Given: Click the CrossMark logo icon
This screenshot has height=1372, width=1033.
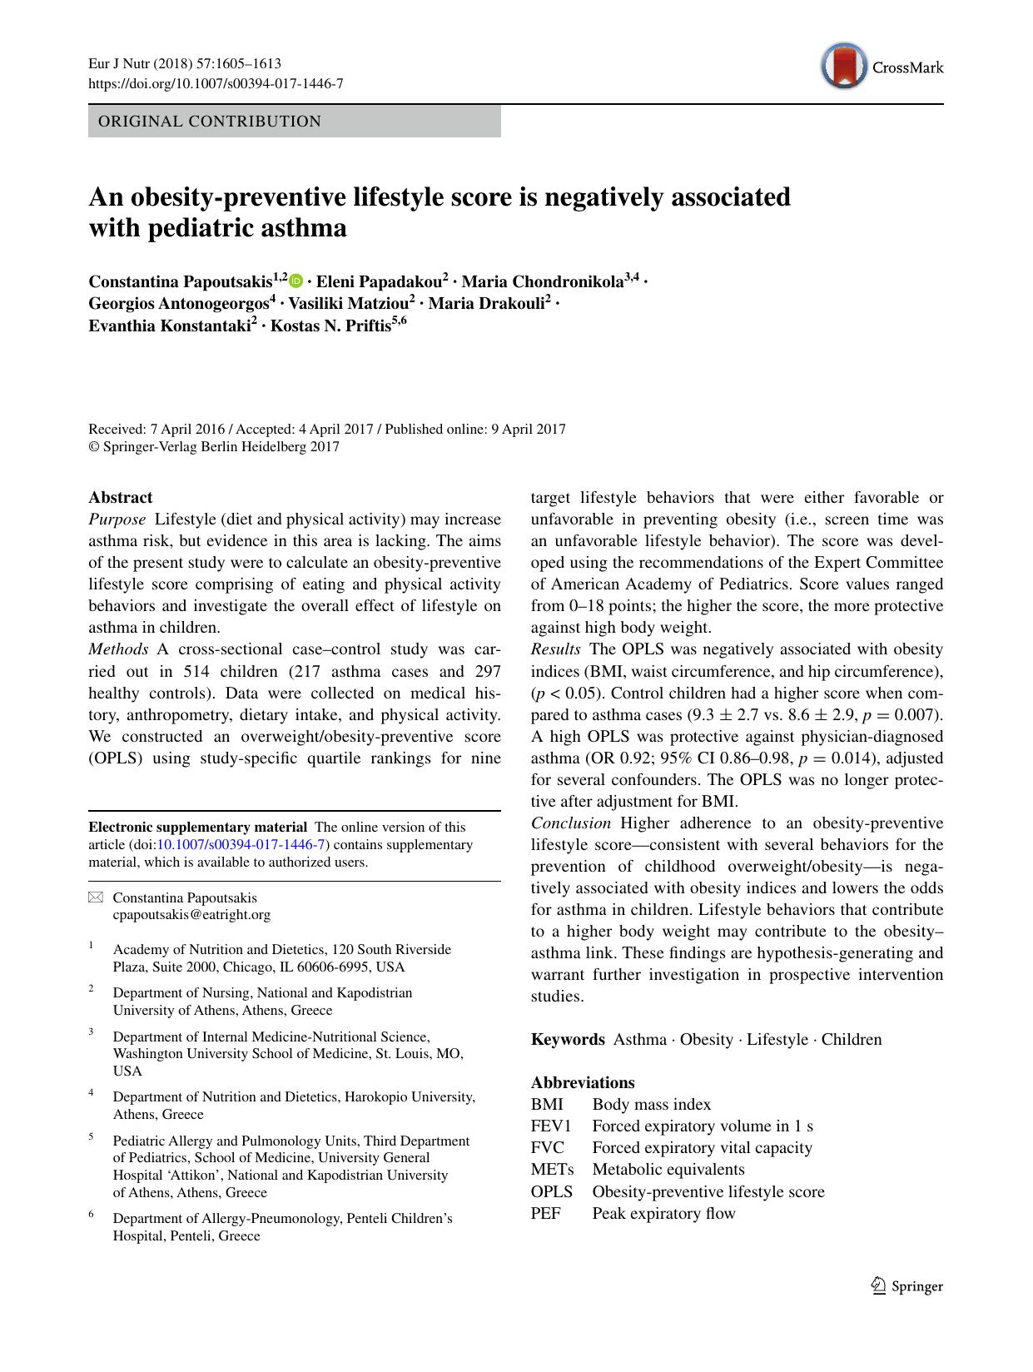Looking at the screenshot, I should (x=844, y=67).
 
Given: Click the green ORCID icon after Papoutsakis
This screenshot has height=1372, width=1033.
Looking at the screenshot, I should (x=297, y=282).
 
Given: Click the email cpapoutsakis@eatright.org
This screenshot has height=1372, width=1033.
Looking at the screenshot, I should (x=191, y=915).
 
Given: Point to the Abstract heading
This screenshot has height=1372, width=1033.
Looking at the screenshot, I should (x=121, y=498).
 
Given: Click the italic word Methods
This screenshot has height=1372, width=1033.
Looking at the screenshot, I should (x=118, y=649).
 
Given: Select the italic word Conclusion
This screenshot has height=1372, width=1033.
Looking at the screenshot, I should (x=571, y=823).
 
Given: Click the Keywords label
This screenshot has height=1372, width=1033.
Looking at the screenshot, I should (x=568, y=1040).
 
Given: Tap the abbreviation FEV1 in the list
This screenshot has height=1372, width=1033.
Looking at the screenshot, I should (x=551, y=1126).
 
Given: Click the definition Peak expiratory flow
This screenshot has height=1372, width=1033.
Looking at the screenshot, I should (x=663, y=1213).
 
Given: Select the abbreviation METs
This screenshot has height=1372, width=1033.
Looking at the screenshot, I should (x=553, y=1170).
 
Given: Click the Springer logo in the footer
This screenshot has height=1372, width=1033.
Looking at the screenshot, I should (x=907, y=1286).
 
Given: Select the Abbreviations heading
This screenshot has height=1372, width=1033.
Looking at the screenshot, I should (x=583, y=1083).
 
